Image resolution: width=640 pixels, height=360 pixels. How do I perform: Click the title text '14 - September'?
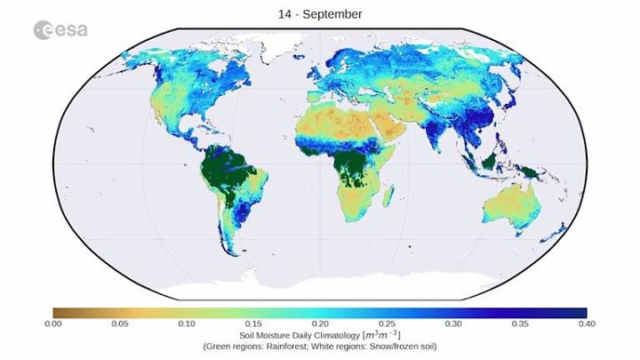pos(320,14)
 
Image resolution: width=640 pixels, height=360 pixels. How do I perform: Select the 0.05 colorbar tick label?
pos(119,324)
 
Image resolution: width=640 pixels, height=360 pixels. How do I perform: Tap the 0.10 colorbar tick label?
pos(186,324)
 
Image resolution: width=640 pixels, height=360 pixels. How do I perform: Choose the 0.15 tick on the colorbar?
pos(252,324)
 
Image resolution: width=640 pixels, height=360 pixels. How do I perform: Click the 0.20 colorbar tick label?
pos(320,324)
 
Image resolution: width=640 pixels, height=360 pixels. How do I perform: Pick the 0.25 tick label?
pos(387,324)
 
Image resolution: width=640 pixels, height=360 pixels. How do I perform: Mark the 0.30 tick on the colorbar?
pos(453,324)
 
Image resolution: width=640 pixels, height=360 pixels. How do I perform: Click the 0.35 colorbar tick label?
pos(520,324)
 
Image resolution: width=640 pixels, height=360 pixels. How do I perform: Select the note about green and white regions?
pos(320,346)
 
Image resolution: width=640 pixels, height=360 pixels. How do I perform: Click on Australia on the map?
pos(512,208)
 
